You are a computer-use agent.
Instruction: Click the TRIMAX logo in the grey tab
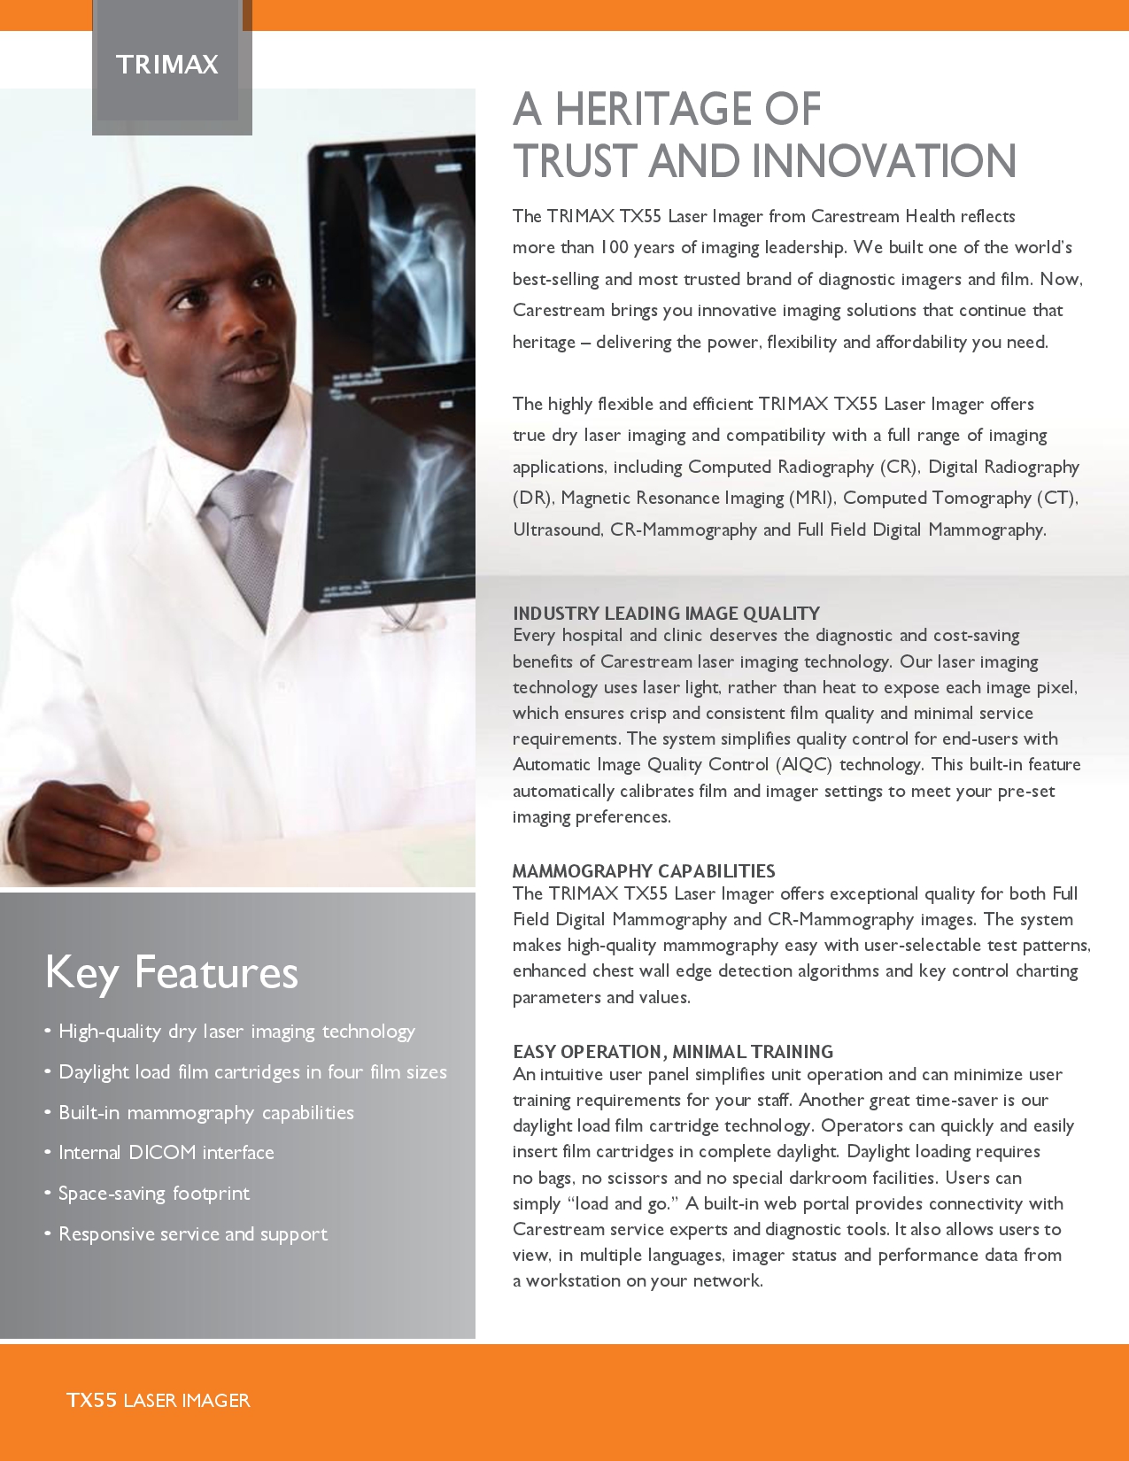pos(167,65)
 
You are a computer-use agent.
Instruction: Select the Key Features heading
pos(172,972)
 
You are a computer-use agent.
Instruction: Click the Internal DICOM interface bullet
pos(166,1152)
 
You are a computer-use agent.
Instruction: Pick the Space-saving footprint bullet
pos(154,1193)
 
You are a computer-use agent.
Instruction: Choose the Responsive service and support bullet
pos(192,1233)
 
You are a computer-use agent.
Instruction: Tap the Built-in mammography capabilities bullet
pos(205,1112)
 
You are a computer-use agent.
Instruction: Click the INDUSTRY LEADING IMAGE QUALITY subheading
pos(666,613)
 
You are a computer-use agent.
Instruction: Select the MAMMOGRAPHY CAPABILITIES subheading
pos(644,870)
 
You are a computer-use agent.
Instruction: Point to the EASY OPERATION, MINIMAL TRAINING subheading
pos(673,1051)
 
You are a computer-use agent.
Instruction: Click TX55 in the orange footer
pos(92,1400)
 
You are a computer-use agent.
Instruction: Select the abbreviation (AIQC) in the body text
pos(804,764)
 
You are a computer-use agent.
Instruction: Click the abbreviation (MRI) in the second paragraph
pos(812,498)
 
